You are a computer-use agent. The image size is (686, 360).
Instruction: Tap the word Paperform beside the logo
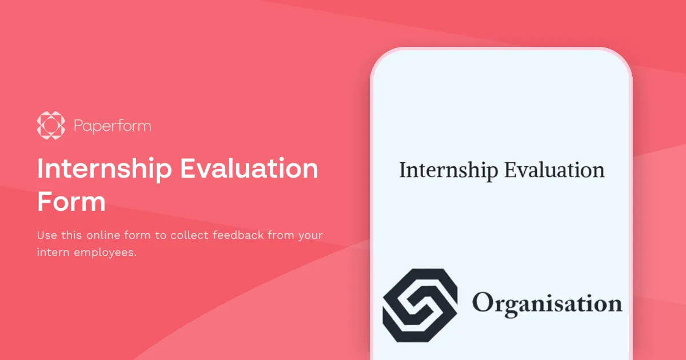(x=113, y=126)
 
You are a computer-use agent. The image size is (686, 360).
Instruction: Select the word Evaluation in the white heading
(x=249, y=170)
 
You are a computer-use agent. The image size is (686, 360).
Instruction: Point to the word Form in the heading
(x=71, y=202)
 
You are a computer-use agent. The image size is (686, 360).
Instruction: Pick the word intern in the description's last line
(x=53, y=252)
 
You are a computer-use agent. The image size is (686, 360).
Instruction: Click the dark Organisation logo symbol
(x=420, y=304)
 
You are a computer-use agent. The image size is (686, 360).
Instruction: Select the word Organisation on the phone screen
(x=547, y=303)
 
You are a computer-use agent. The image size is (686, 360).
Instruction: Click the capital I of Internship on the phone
(x=403, y=170)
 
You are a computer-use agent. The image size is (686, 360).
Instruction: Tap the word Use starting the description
(x=46, y=235)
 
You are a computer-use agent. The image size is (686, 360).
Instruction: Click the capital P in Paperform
(x=78, y=126)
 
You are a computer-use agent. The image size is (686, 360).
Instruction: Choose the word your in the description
(x=311, y=235)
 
